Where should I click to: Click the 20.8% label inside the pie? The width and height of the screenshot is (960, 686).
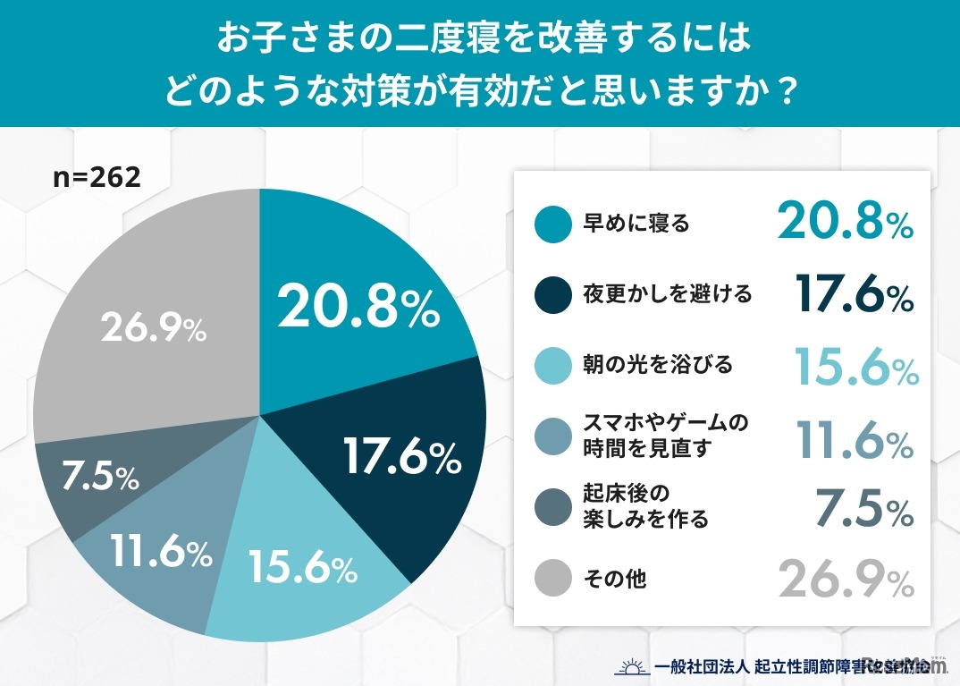click(358, 309)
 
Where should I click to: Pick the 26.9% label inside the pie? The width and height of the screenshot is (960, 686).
click(154, 329)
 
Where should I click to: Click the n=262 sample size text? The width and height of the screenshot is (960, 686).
click(97, 177)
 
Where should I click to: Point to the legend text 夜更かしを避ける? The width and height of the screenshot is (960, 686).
click(654, 294)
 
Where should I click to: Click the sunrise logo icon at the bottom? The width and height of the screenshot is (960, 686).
click(630, 666)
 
